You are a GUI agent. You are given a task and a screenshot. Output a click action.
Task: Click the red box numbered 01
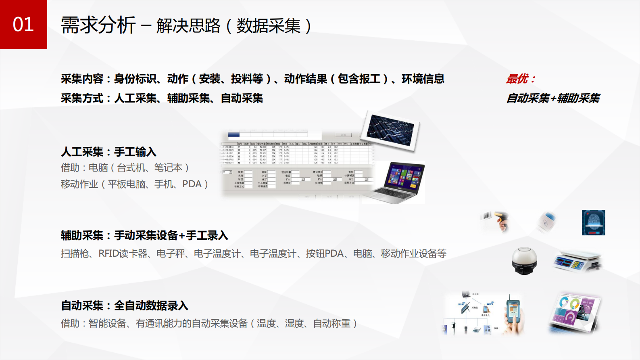[x=23, y=24]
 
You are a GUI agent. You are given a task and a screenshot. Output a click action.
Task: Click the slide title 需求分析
[x=98, y=26]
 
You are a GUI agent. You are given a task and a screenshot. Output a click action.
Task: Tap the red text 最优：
[x=521, y=79]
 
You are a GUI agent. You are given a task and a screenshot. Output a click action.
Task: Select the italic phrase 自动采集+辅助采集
[x=553, y=98]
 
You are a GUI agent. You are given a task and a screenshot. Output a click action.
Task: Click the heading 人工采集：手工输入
[x=108, y=152]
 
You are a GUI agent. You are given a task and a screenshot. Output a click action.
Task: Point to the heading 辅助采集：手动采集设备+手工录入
[x=144, y=235]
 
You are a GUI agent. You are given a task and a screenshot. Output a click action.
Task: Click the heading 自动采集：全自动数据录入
[x=124, y=306]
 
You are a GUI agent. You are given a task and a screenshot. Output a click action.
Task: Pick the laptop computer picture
[x=400, y=182]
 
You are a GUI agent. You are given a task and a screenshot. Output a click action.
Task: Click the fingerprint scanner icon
[x=593, y=222]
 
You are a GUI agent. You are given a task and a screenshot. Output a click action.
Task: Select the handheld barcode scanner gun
[x=496, y=220]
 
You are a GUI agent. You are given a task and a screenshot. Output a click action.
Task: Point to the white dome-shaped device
[x=524, y=261]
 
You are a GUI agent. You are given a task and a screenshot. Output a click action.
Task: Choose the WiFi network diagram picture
[x=472, y=314]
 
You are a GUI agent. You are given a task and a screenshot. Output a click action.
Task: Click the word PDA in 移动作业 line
[x=192, y=184]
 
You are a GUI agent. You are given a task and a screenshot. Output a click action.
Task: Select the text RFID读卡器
[x=123, y=253]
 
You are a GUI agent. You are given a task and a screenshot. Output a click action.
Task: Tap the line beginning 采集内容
[x=252, y=79]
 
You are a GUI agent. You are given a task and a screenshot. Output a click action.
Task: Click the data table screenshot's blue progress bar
[x=233, y=135]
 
